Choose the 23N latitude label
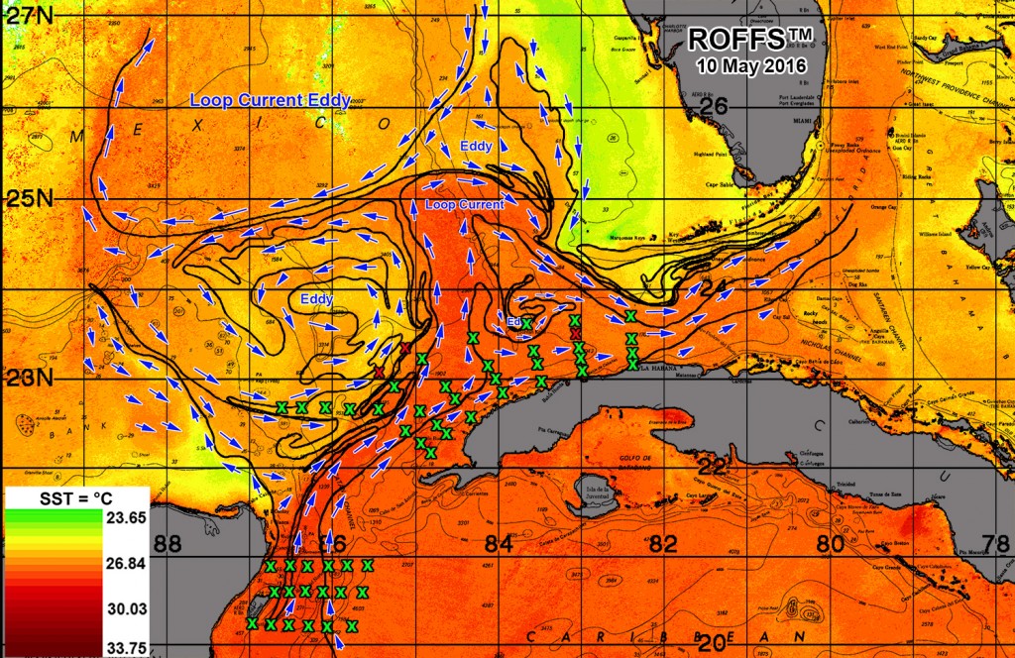click(x=27, y=379)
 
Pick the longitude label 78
click(x=996, y=544)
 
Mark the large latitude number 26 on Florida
click(x=715, y=107)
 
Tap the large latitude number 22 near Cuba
click(x=713, y=465)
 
